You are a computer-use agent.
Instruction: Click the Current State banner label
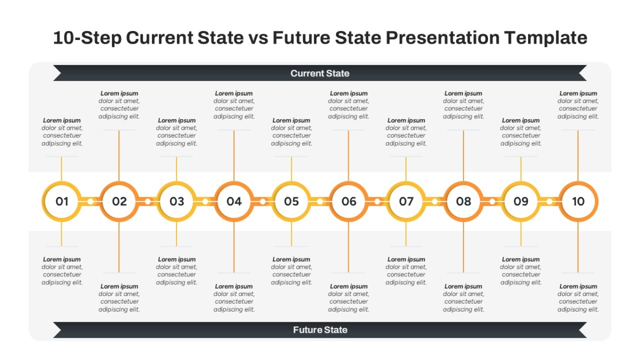(320, 74)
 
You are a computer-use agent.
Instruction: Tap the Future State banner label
(320, 330)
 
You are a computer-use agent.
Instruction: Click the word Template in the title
(546, 38)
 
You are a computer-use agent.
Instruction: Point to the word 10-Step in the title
(87, 38)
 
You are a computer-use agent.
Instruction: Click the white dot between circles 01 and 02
(90, 202)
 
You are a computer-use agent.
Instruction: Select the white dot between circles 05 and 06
(320, 202)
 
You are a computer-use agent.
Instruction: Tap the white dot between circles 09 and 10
(549, 202)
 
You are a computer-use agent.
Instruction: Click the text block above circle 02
(119, 105)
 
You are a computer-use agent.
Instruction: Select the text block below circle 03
(177, 271)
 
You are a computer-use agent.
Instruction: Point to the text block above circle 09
(521, 132)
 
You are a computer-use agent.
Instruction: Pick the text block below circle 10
(578, 298)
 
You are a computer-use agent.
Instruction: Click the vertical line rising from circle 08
(463, 156)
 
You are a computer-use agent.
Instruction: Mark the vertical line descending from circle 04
(234, 247)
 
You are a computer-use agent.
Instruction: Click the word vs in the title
(258, 38)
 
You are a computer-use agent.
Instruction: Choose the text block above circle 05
(291, 132)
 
